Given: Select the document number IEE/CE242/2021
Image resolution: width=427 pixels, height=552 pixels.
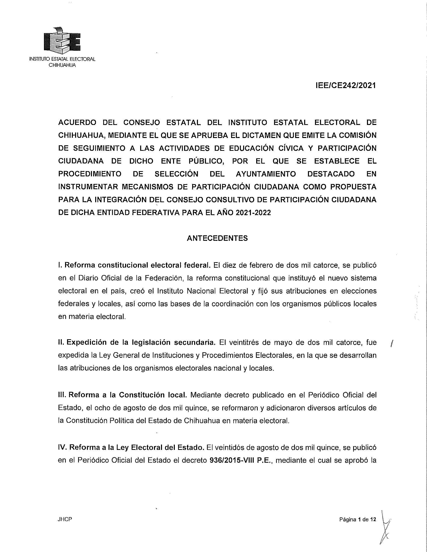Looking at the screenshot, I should coord(346,86).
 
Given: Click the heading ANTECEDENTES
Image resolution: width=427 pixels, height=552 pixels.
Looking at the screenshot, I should coord(217,238).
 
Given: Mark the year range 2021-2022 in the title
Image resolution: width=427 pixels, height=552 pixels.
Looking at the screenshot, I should coord(253,213).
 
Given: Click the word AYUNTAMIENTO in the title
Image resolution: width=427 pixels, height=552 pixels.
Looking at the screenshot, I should coord(265,174).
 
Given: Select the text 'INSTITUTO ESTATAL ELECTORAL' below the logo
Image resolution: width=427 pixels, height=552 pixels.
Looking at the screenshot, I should coord(63,59).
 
